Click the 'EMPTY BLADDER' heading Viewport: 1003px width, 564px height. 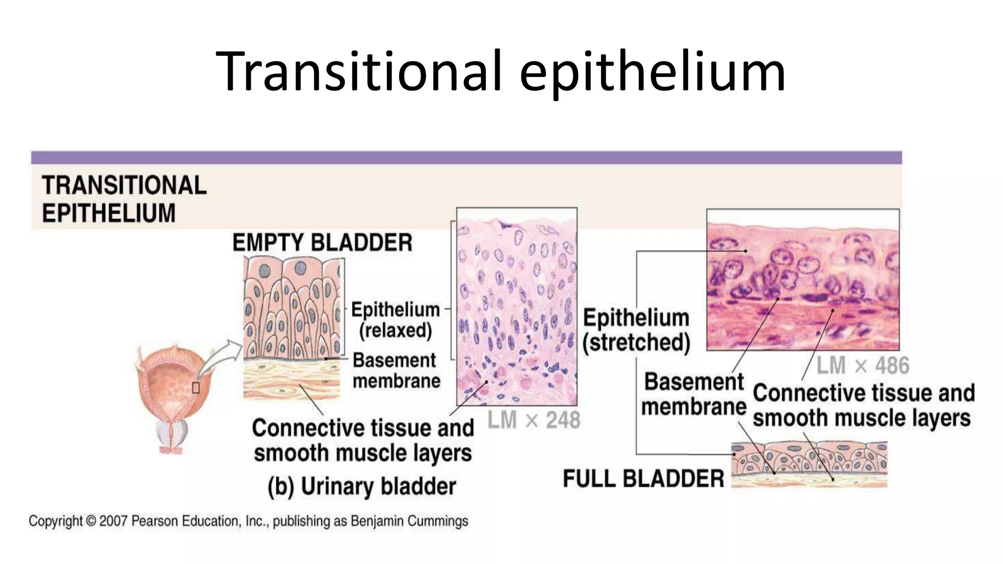(x=322, y=243)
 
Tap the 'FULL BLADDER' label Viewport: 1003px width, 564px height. (x=643, y=478)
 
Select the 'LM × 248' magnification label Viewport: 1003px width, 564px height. (x=534, y=420)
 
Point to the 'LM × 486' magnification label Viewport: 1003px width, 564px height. (x=863, y=366)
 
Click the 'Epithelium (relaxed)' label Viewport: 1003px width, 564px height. (x=395, y=320)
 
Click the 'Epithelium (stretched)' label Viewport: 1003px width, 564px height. (x=636, y=329)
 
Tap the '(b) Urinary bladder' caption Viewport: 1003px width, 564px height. (x=361, y=487)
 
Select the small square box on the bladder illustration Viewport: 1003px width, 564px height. (x=196, y=388)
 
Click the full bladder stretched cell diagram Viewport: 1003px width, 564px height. (x=809, y=464)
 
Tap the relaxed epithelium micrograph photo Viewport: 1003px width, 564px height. (x=517, y=306)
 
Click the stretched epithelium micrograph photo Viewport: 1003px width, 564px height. (x=803, y=280)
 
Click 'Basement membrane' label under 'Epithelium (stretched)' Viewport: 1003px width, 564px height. (x=693, y=394)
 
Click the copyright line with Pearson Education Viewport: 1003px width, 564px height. (x=248, y=521)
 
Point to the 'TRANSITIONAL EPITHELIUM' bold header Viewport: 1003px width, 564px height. (x=124, y=199)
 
